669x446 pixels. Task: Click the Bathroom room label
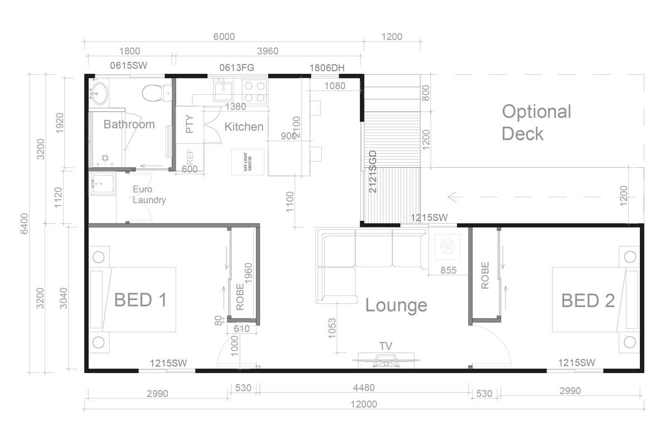pos(129,124)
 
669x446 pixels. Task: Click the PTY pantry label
pos(190,124)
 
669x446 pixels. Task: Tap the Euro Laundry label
pos(148,195)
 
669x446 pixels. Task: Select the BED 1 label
pos(140,300)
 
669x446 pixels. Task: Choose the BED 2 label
pos(588,301)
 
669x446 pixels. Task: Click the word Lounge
pos(396,306)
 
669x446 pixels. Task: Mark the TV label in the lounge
pos(385,346)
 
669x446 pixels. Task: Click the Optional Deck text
pos(536,123)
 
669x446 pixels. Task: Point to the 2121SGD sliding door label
pos(373,172)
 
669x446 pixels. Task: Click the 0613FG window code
pos(236,68)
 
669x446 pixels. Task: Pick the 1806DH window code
pos(327,68)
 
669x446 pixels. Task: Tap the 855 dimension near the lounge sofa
pos(448,270)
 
